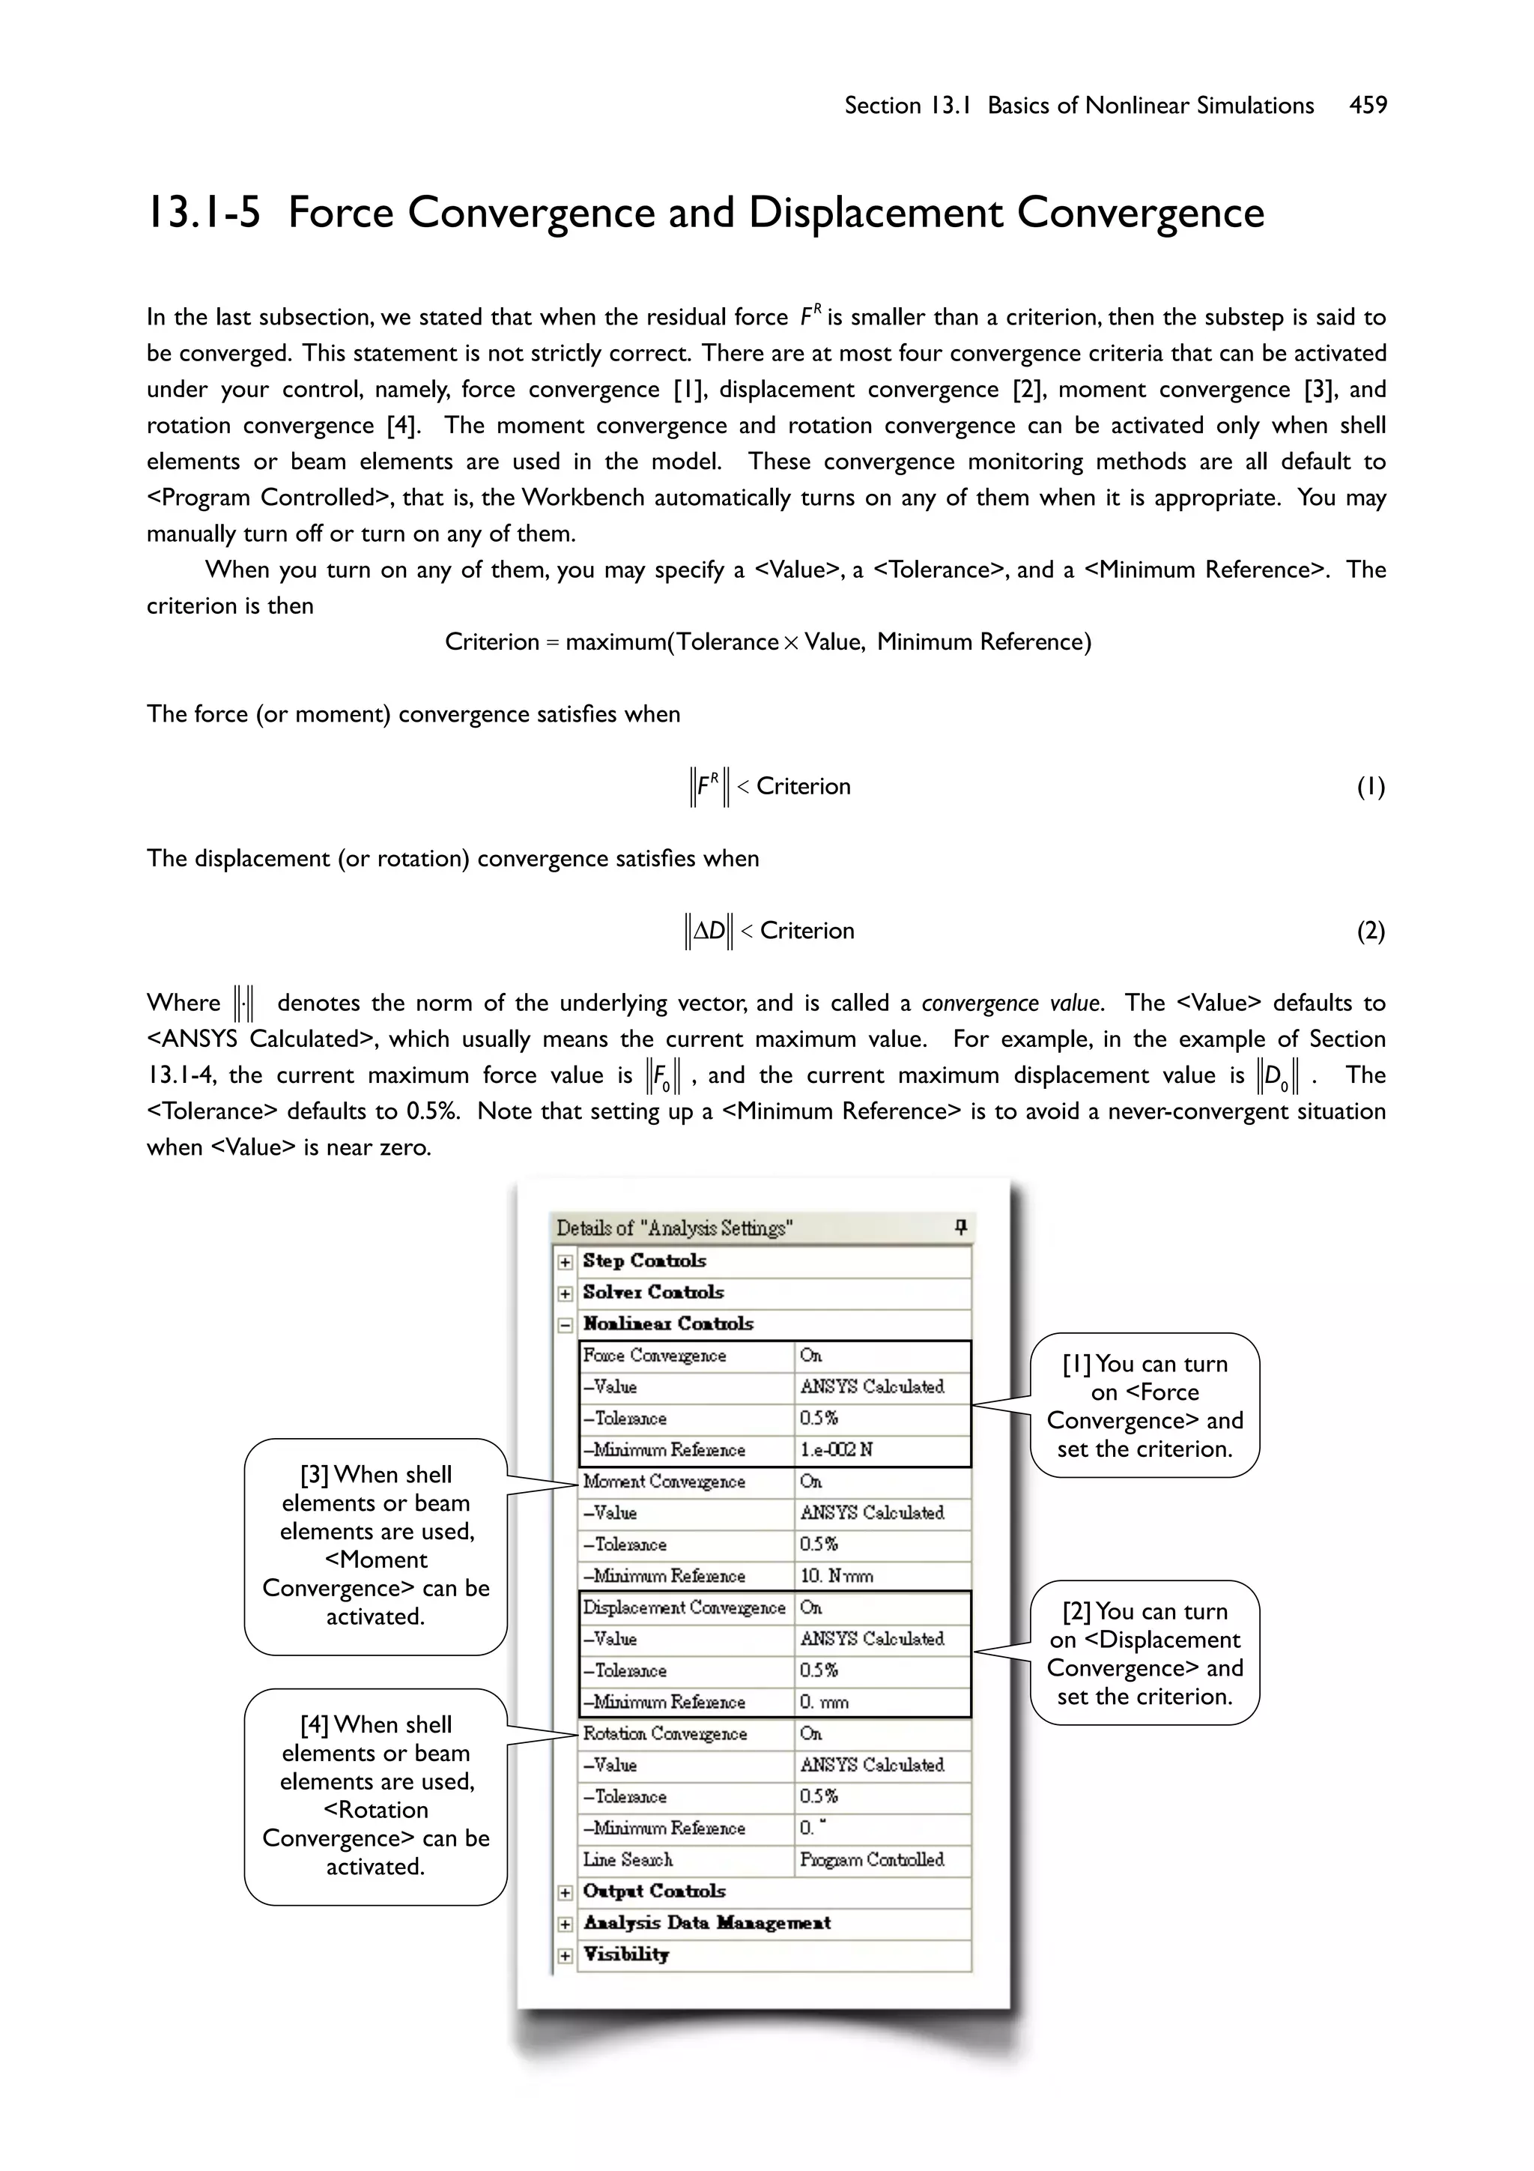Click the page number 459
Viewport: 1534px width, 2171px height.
(x=1368, y=105)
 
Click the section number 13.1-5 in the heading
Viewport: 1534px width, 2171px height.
(x=203, y=213)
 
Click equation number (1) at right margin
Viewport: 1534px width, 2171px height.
(x=1371, y=787)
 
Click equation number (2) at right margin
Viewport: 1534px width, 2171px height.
(x=1371, y=931)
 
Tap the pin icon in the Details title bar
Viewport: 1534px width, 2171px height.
(x=960, y=1228)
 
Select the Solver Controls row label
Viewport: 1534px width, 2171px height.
(x=653, y=1292)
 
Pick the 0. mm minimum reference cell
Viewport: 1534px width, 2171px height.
(x=824, y=1702)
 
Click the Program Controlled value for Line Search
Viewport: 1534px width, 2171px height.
(x=871, y=1859)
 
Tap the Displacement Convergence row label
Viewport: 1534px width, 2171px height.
(x=683, y=1607)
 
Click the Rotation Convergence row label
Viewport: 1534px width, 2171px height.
(x=664, y=1733)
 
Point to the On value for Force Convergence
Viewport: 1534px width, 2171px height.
(x=811, y=1355)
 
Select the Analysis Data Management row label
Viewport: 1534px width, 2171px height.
(x=706, y=1922)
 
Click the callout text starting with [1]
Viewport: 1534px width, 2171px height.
(x=1145, y=1406)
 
